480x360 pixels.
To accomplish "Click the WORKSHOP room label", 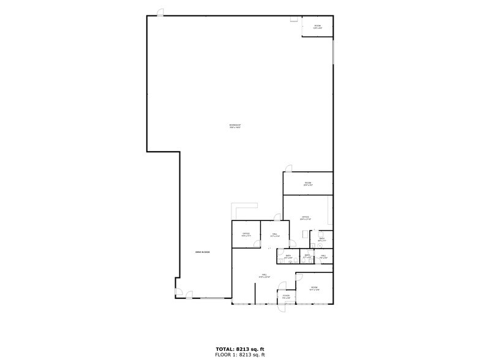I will click(x=235, y=127).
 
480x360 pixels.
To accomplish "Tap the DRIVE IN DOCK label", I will click(x=203, y=252).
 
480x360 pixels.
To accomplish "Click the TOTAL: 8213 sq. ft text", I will click(x=239, y=348).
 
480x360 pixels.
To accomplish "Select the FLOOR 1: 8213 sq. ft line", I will click(x=239, y=354).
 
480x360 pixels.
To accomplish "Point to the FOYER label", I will click(x=286, y=296).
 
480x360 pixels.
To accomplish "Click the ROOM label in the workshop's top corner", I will click(x=317, y=27).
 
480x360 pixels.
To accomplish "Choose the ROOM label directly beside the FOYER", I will click(x=314, y=288).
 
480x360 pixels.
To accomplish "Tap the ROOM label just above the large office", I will click(x=308, y=184).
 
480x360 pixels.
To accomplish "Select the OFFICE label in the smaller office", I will click(x=246, y=234).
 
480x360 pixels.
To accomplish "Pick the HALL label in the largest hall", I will click(x=264, y=276).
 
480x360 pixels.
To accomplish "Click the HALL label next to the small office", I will click(x=275, y=234).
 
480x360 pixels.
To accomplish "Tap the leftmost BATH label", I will click(x=288, y=257).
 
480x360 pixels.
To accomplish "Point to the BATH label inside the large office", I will click(x=321, y=239).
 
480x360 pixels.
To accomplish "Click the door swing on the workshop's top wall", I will click(x=160, y=13).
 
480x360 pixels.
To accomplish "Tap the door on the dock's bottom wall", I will click(x=189, y=294).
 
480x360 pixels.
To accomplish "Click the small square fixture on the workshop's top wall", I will click(x=294, y=18).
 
